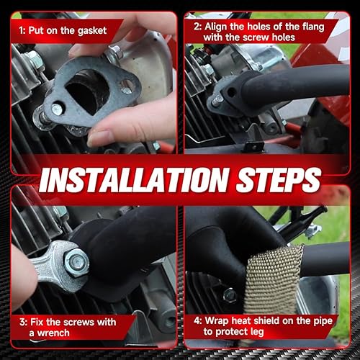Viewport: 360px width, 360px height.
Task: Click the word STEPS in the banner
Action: (x=277, y=179)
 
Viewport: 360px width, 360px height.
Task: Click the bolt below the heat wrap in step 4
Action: (x=230, y=294)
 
